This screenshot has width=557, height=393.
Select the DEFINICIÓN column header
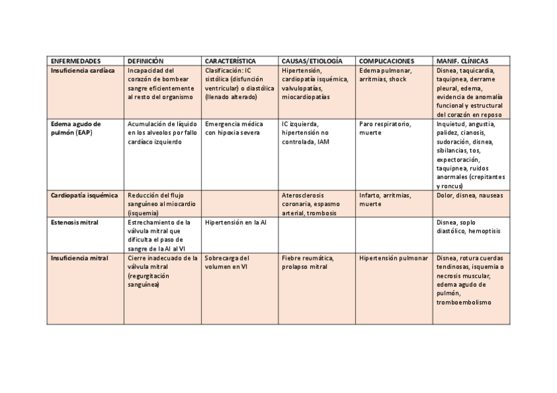point(145,60)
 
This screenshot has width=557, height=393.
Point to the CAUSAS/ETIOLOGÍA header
point(312,60)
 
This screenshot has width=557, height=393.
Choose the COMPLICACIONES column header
point(386,60)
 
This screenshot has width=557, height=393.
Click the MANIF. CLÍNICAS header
point(462,60)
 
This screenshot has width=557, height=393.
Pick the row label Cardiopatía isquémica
point(84,195)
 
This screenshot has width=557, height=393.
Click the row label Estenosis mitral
point(74,222)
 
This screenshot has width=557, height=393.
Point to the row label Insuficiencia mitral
point(79,259)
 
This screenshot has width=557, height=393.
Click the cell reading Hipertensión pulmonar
point(393,259)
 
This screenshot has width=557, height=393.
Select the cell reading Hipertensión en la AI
point(235,222)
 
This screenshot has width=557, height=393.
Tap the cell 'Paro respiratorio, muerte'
point(384,128)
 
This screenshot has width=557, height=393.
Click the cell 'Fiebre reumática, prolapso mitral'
point(309,263)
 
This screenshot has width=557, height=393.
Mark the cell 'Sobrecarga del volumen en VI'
point(227,263)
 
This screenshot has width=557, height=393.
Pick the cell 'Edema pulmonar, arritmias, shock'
point(386,75)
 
